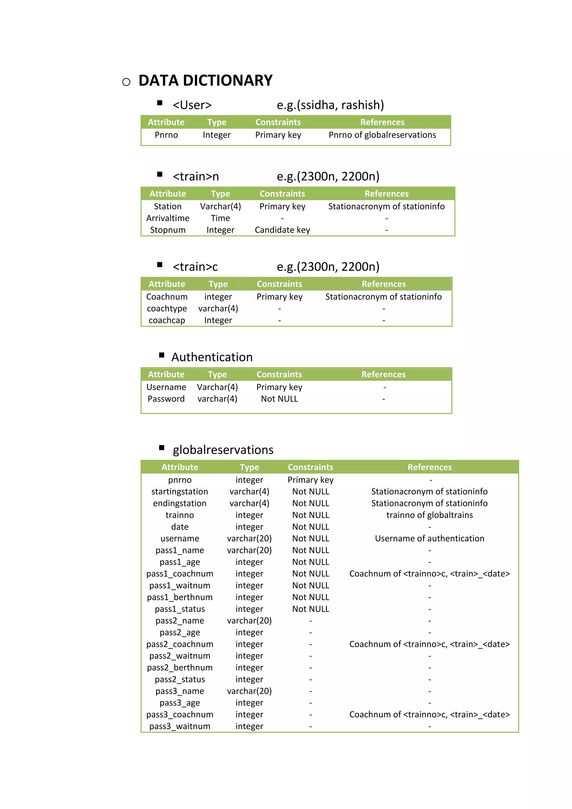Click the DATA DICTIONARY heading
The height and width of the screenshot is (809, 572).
point(205,81)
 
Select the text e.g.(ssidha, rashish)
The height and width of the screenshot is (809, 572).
point(330,105)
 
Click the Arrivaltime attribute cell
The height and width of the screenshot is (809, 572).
point(168,218)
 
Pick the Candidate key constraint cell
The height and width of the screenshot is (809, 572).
point(282,230)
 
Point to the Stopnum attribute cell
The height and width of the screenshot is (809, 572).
point(168,230)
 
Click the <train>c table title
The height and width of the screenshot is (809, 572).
point(195,267)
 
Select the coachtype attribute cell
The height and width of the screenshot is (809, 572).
point(167,309)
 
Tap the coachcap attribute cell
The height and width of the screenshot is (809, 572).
point(167,320)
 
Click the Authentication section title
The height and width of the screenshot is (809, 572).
point(212,357)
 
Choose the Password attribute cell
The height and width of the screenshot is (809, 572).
point(166,399)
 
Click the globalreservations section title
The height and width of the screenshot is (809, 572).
point(223,450)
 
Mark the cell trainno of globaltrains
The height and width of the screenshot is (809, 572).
point(429,515)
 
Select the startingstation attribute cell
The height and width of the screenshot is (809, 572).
point(180,492)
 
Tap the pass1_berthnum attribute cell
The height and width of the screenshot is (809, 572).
point(180,597)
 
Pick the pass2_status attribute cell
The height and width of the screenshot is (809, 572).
point(180,679)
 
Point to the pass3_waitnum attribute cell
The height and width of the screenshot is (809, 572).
point(180,726)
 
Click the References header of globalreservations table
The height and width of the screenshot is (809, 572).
point(429,467)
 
